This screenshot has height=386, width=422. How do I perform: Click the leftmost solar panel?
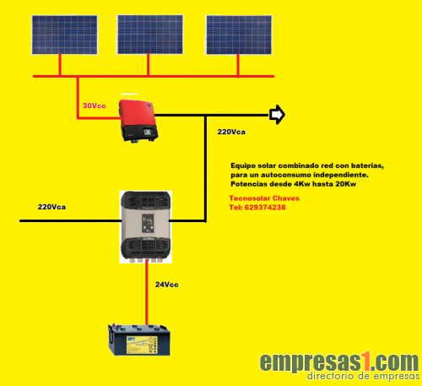click(x=65, y=35)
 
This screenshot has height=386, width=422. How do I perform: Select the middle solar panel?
click(x=150, y=35)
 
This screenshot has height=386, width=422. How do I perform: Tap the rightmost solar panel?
click(x=239, y=35)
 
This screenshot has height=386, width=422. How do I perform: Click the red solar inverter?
click(x=138, y=121)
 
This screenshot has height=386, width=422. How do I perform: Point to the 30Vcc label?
click(x=95, y=106)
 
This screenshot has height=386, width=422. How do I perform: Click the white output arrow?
click(x=277, y=115)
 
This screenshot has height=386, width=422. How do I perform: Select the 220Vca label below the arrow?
click(x=231, y=132)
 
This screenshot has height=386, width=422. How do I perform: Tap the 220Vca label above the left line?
click(x=51, y=207)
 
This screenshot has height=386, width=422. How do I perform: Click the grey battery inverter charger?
click(x=146, y=227)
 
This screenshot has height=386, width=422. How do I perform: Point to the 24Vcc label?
click(x=167, y=285)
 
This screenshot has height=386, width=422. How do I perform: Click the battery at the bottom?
click(x=139, y=340)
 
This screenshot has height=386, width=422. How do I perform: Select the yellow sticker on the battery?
click(x=142, y=345)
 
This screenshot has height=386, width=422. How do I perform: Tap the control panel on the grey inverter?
click(x=149, y=223)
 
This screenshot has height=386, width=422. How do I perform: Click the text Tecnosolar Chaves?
click(x=264, y=198)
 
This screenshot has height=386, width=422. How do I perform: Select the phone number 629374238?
click(x=265, y=208)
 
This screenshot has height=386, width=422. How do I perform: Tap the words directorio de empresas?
click(x=363, y=376)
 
